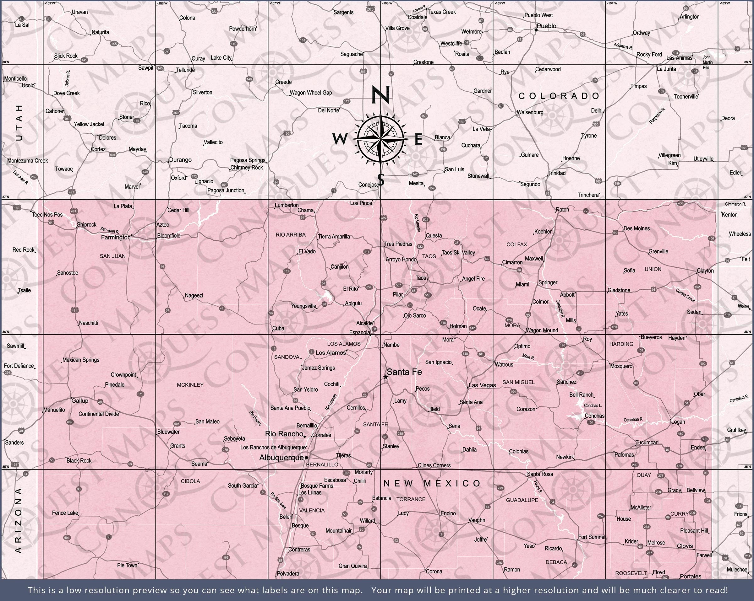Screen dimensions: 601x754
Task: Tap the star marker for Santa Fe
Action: coord(385,377)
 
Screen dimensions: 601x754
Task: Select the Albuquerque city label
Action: coord(281,457)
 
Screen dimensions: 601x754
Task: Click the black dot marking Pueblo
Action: coord(536,30)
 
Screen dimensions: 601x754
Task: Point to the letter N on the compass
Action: coord(380,95)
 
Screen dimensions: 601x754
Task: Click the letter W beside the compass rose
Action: coord(339,139)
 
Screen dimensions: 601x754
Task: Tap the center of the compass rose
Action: coord(380,139)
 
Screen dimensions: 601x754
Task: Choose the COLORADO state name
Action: coord(559,96)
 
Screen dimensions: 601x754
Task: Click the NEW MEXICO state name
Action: coord(432,483)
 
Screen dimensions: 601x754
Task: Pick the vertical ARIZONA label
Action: coord(19,520)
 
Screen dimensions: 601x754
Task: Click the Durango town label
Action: coord(180,160)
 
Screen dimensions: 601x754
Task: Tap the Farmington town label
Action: coord(115,237)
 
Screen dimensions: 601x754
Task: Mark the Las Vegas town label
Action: coord(482,385)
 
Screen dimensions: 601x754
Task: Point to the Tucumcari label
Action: coord(647,443)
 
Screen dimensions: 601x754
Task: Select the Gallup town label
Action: coord(80,400)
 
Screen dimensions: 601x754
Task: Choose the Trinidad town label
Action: coord(556,173)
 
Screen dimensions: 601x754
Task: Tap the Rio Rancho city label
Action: coord(284,434)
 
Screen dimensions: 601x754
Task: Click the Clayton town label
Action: coord(705,271)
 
